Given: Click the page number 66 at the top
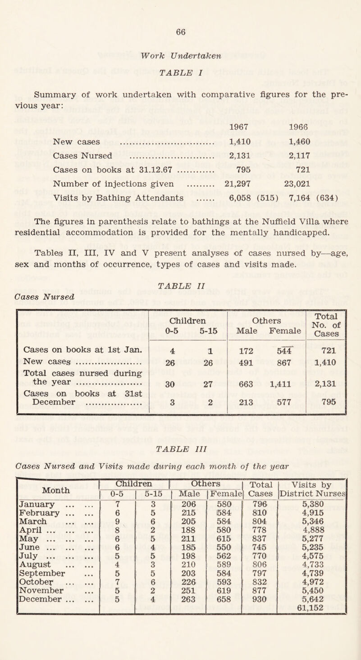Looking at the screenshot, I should [x=181, y=32].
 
